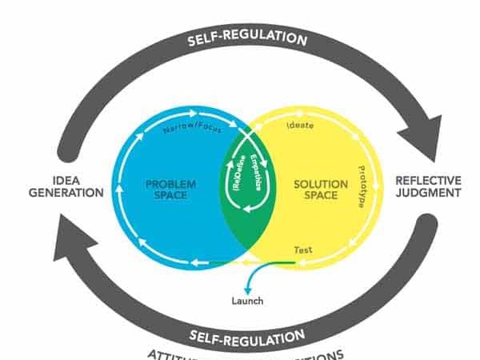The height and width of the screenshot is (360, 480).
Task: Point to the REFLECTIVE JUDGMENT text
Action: click(428, 186)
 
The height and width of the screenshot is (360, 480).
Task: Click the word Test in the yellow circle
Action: click(303, 251)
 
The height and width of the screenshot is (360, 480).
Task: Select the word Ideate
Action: click(299, 126)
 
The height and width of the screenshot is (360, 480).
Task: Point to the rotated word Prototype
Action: click(361, 186)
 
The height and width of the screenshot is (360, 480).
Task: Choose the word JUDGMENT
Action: click(428, 193)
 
